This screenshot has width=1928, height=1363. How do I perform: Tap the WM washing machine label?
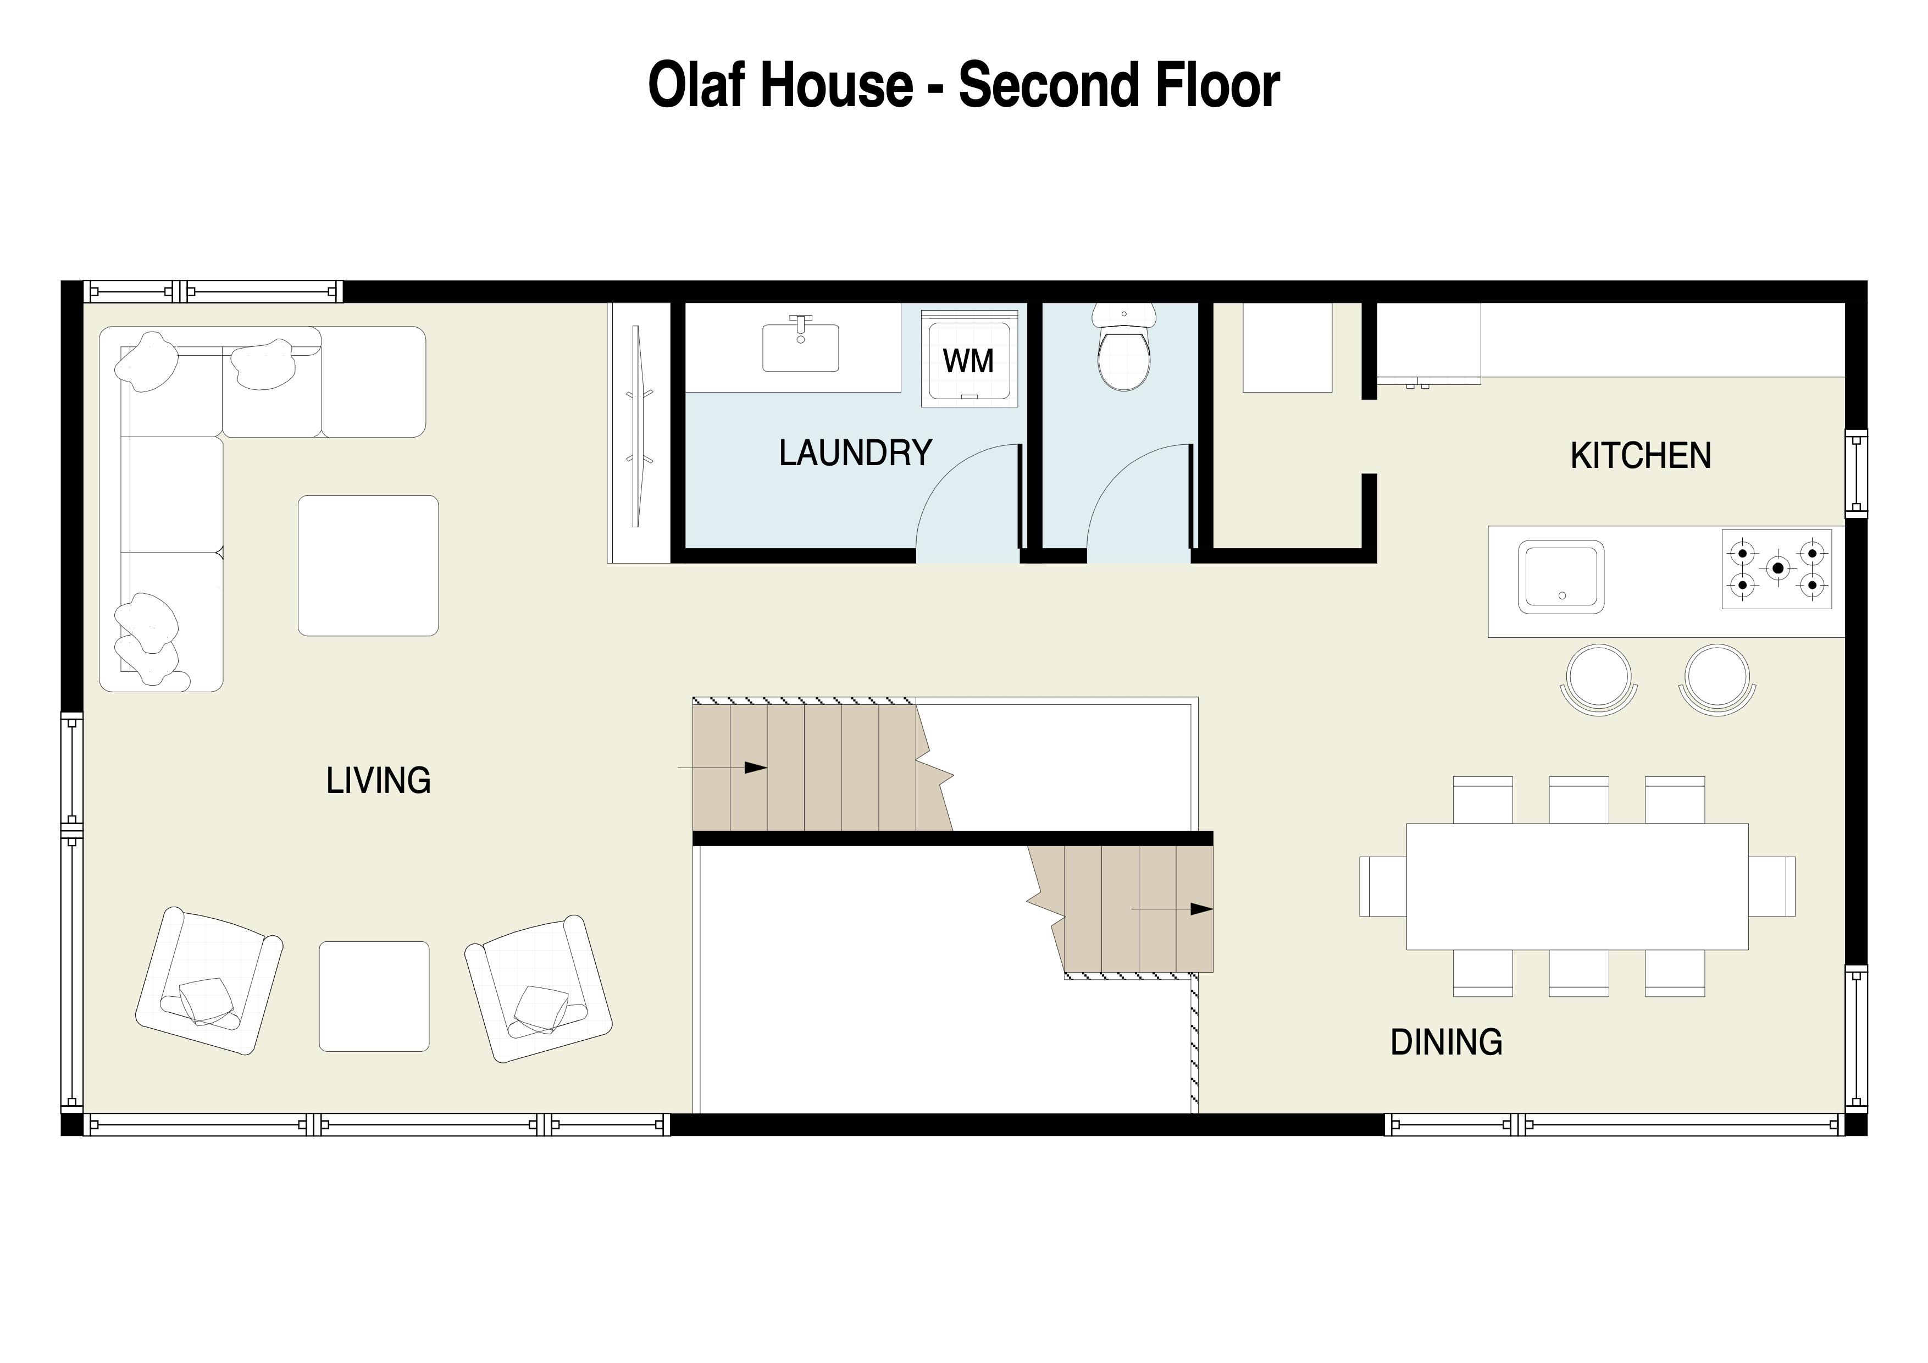pos(968,361)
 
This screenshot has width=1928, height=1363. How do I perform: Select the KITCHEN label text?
pos(1640,456)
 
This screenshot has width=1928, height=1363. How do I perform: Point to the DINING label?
pos(1446,1042)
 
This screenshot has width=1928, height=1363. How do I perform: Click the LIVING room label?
pos(378,781)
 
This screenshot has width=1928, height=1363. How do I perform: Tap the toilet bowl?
pos(1123,360)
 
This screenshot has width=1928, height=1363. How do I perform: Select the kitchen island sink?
pos(1561,577)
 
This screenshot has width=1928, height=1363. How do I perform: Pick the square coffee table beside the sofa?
pos(368,565)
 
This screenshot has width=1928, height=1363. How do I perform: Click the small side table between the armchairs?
pos(374,996)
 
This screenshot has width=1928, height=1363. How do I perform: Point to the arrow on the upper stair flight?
pos(722,768)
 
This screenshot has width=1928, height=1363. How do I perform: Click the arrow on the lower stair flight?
pos(1171,909)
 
